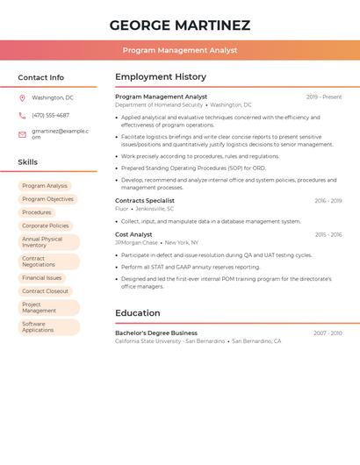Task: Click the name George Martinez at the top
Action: [x=180, y=25]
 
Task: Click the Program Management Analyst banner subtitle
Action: [x=180, y=51]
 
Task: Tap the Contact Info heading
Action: [x=40, y=77]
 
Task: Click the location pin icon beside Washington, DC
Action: [x=22, y=98]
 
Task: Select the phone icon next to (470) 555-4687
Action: [x=22, y=115]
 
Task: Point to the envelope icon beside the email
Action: [x=22, y=134]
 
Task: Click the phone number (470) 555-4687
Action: [x=50, y=115]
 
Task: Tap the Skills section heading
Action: [x=27, y=162]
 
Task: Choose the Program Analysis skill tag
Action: [x=45, y=186]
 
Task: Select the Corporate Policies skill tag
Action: [x=46, y=225]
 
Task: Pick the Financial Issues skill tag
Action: [x=42, y=278]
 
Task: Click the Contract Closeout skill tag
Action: [x=45, y=291]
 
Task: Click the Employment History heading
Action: [x=161, y=77]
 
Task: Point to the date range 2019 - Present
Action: [x=324, y=97]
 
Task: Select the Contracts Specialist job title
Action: [x=145, y=201]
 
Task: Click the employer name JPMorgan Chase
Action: [x=136, y=242]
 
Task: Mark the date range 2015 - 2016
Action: [x=328, y=235]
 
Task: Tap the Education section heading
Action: [x=138, y=313]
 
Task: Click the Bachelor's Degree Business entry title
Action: [x=156, y=333]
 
